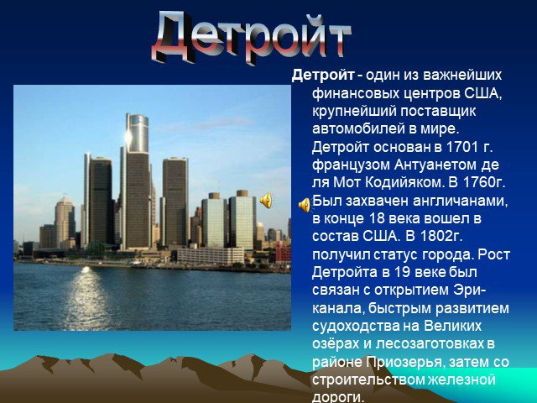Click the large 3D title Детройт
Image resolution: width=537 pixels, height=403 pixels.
(x=252, y=37)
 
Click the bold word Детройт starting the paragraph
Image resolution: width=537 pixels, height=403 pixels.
(x=323, y=75)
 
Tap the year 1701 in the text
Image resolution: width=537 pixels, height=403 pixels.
(x=462, y=147)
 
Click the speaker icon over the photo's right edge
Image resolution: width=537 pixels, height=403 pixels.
(x=266, y=200)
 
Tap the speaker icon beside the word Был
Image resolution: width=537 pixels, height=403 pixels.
(x=305, y=205)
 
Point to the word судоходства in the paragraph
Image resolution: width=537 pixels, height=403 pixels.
(x=354, y=326)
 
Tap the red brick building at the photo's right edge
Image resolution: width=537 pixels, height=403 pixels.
(x=284, y=253)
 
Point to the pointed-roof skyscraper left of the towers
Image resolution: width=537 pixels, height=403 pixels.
(x=65, y=221)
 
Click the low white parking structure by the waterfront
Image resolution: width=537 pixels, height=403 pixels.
(x=211, y=255)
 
